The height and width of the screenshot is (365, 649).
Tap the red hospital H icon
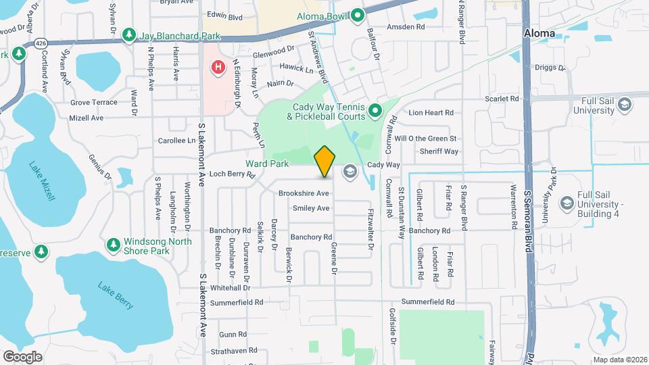(218, 67)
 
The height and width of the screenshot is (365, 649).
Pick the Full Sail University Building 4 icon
(567, 203)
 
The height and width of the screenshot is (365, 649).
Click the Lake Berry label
(115, 296)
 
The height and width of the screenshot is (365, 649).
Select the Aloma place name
(539, 33)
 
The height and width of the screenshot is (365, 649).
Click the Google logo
(22, 357)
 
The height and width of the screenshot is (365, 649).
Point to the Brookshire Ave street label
(304, 193)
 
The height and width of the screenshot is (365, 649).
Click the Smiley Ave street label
(311, 208)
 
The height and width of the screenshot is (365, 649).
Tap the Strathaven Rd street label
(233, 350)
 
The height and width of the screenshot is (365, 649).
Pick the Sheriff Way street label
(439, 151)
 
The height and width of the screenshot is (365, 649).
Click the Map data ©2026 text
(619, 360)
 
